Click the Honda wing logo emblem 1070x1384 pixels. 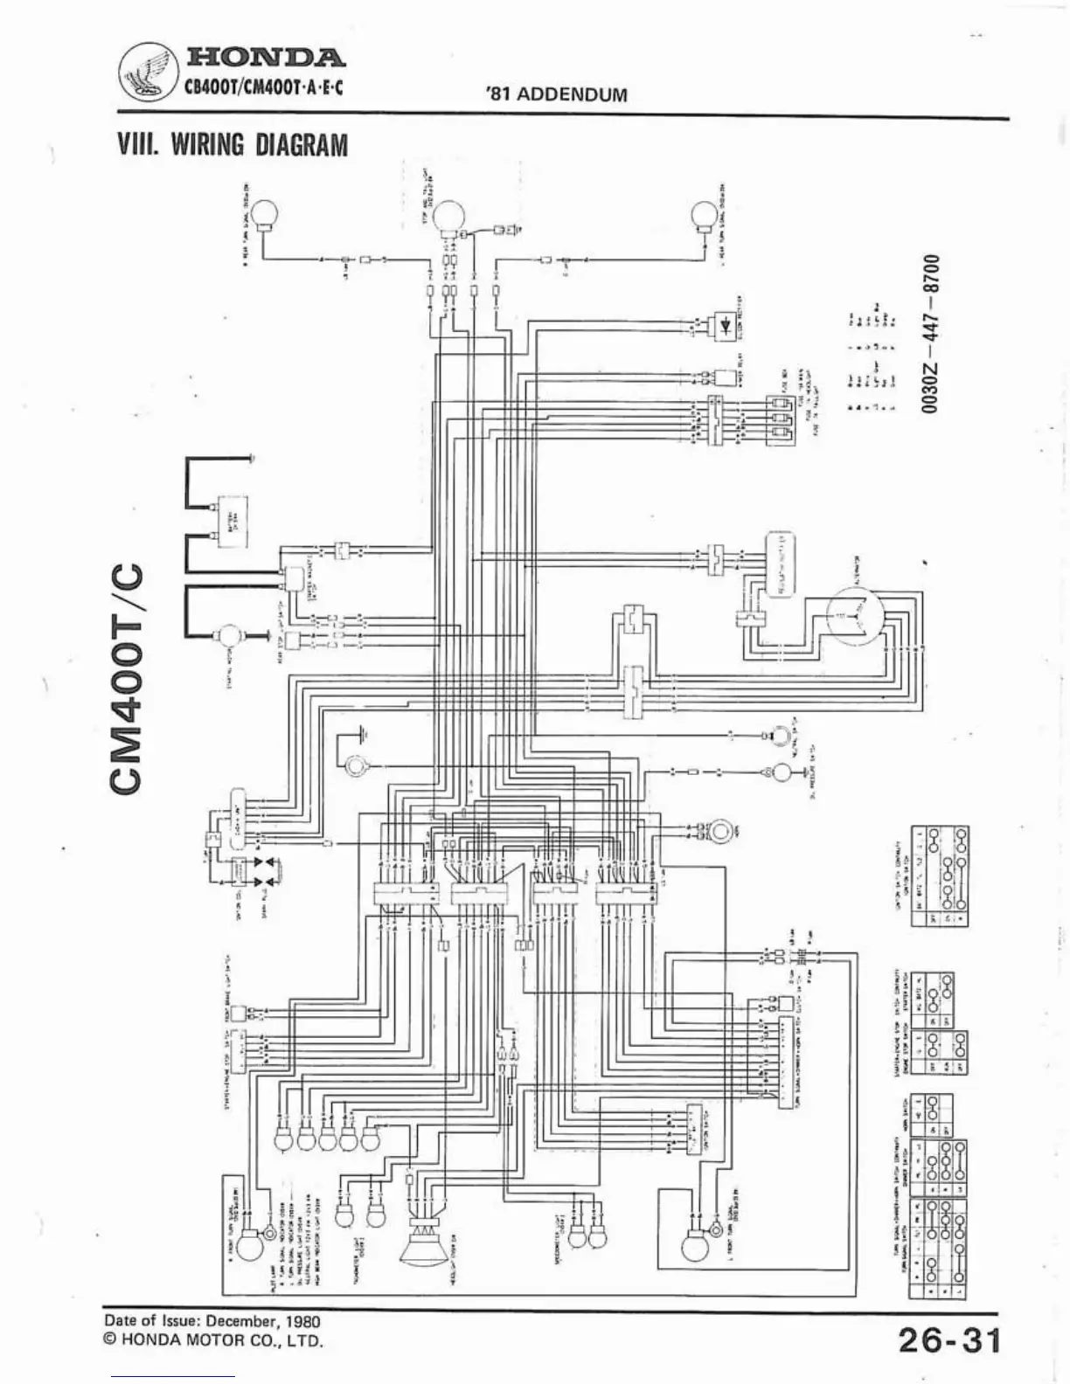pyautogui.click(x=147, y=72)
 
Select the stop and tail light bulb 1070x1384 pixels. pyautogui.click(x=452, y=215)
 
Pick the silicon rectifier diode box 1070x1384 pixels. pyautogui.click(x=726, y=323)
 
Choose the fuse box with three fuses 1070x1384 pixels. pyautogui.click(x=781, y=419)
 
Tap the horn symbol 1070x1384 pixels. pyautogui.click(x=722, y=829)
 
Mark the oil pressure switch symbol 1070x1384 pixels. pyautogui.click(x=780, y=772)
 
